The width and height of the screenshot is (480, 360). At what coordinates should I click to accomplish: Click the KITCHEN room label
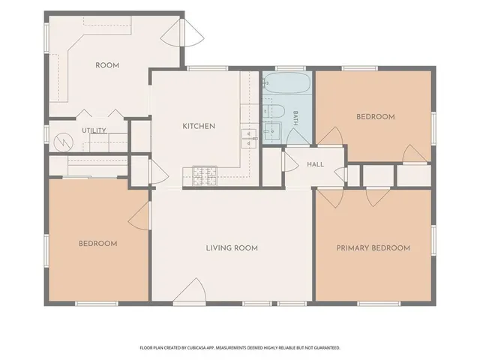(199, 126)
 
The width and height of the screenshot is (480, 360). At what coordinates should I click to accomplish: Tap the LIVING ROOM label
(232, 248)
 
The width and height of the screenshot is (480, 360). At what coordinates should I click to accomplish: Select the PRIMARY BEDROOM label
(373, 248)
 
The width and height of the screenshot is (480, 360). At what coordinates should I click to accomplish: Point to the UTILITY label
(94, 130)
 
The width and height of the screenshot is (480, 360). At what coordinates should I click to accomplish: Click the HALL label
(315, 164)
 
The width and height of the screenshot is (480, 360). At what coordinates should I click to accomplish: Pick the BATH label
(295, 118)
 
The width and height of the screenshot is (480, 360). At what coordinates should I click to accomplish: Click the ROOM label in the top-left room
(107, 65)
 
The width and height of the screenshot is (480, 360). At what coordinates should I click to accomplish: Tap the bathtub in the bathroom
(287, 82)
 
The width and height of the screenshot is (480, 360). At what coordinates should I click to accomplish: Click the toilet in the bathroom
(274, 112)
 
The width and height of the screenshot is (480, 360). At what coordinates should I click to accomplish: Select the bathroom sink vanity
(271, 132)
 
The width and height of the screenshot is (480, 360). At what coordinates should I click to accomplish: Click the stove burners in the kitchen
(205, 176)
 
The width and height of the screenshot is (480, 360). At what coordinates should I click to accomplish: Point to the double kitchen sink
(249, 139)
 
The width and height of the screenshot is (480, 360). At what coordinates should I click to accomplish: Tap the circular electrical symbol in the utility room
(64, 142)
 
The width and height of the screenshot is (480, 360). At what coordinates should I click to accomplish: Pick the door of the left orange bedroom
(139, 216)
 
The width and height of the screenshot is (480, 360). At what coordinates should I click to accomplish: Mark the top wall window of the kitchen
(207, 68)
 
